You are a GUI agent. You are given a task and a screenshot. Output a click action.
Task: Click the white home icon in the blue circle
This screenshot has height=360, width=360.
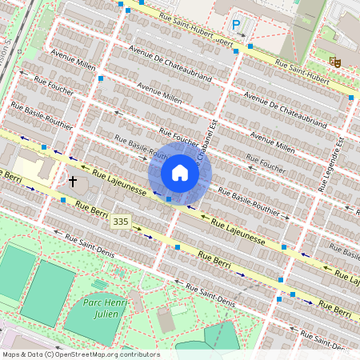(180, 173)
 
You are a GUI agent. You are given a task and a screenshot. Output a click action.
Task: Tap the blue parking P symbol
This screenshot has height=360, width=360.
(236, 25)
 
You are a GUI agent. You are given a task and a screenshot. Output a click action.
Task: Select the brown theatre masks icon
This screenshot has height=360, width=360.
(335, 59)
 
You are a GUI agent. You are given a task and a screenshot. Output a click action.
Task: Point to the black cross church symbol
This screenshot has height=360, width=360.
(73, 181)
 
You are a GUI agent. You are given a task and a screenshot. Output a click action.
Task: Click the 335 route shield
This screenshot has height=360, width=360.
(121, 221)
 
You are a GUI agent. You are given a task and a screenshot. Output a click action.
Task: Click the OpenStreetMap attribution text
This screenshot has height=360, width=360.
(81, 354)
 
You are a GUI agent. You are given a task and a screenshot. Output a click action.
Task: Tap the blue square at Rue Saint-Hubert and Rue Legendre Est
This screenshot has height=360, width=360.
(351, 98)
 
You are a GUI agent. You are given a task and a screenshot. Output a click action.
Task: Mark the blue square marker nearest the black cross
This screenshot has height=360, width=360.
(63, 200)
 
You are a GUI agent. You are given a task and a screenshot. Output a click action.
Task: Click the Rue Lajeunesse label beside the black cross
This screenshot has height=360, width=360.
(119, 182)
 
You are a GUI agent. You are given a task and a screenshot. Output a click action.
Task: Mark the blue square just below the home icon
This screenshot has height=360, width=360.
(169, 198)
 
